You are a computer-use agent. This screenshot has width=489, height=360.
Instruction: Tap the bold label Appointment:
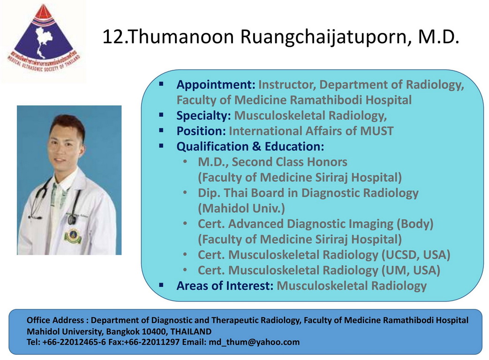216,85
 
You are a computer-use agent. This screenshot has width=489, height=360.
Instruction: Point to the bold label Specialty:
203,116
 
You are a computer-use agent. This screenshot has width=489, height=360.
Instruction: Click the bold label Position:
201,131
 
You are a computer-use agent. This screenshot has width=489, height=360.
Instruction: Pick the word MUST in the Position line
377,131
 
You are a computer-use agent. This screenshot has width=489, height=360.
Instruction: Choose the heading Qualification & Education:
250,147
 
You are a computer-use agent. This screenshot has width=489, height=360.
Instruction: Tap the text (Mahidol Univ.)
241,208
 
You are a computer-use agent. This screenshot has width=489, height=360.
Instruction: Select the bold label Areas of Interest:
225,285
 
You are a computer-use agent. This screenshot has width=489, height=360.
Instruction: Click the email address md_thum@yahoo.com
254,342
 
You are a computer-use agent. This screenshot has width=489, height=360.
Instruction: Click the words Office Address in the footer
55,320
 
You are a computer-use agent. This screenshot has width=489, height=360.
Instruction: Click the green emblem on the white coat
73,236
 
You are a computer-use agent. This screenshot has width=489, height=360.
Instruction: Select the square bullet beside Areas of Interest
161,285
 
